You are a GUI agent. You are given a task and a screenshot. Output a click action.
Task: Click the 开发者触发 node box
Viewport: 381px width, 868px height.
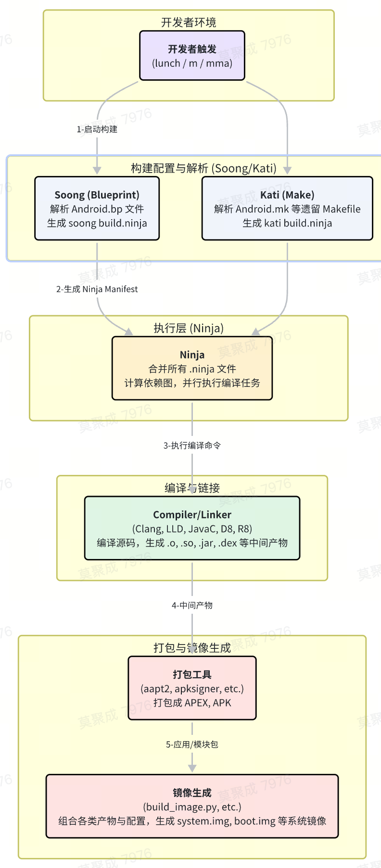[192, 55]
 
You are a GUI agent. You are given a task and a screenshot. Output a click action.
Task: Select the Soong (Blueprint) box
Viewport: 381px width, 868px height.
[97, 208]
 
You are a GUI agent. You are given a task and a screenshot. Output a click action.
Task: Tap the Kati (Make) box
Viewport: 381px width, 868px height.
[287, 208]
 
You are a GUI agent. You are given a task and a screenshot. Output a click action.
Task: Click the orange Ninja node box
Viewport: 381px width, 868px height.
[192, 368]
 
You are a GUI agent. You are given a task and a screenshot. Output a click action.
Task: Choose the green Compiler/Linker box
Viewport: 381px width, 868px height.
[192, 528]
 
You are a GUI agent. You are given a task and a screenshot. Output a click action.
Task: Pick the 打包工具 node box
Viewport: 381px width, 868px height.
[192, 688]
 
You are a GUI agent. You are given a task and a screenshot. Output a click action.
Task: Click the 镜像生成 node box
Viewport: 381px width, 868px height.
[192, 806]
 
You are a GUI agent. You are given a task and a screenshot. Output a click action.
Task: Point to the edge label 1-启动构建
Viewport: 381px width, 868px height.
[97, 129]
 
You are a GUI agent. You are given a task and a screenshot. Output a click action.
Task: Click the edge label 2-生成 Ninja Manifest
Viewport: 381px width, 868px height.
[97, 289]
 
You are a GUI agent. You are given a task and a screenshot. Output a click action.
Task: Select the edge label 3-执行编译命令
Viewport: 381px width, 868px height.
[192, 446]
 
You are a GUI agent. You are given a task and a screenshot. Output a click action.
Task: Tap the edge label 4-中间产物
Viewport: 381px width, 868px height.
[192, 606]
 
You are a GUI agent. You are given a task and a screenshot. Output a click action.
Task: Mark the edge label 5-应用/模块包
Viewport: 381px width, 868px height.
[192, 744]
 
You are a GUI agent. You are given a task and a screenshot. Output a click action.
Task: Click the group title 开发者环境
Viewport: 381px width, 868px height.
[189, 22]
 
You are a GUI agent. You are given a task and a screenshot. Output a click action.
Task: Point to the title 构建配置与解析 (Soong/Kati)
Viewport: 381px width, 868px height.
[203, 168]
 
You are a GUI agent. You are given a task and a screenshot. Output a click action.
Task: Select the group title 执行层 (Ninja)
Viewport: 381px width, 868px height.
[189, 328]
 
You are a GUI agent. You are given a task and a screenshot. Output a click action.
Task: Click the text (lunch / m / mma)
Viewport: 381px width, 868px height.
[192, 63]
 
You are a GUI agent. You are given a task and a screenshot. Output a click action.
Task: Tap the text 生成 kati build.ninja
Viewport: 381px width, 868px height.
[287, 223]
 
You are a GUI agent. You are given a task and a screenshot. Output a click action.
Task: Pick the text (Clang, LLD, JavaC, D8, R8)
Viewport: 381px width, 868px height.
[192, 529]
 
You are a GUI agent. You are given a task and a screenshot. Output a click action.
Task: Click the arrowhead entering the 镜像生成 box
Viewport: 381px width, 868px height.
[192, 768]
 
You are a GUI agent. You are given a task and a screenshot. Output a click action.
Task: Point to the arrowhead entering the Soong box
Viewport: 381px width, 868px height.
[97, 170]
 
